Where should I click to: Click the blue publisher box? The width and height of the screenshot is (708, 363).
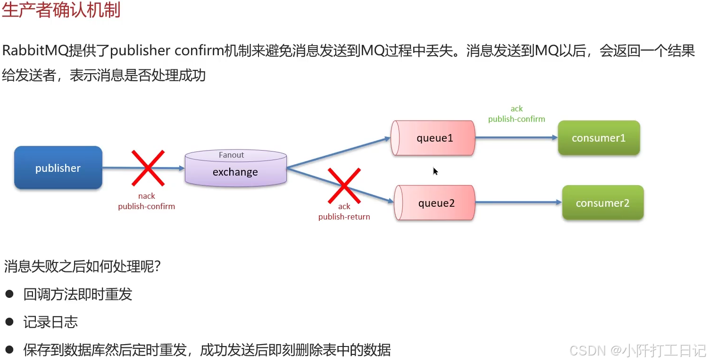[58, 168]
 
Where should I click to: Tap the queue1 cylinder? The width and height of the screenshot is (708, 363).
[434, 138]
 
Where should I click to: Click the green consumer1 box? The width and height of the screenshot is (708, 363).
[599, 138]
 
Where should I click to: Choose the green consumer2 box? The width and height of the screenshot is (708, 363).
[602, 203]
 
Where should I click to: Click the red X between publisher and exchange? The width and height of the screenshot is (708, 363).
[148, 168]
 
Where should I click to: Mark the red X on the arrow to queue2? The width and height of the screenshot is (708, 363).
[344, 186]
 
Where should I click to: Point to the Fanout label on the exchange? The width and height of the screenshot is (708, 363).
[231, 155]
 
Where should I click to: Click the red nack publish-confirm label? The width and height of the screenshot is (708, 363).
[146, 201]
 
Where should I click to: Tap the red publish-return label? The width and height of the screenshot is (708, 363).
[344, 217]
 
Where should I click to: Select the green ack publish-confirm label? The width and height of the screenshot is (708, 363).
[516, 114]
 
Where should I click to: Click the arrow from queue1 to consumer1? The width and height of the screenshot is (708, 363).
[516, 138]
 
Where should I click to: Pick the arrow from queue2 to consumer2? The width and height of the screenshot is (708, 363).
[518, 203]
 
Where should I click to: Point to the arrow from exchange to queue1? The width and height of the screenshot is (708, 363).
[339, 153]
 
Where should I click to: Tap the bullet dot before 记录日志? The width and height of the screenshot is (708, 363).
[9, 322]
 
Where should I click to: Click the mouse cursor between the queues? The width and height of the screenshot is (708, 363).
[435, 171]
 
